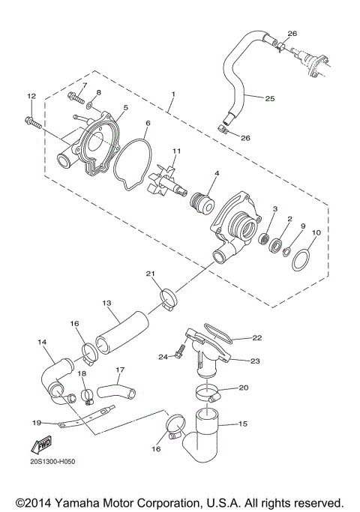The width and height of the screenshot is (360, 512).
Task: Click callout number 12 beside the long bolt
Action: pyautogui.click(x=31, y=96)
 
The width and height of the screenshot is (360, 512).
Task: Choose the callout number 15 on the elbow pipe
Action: pyautogui.click(x=243, y=424)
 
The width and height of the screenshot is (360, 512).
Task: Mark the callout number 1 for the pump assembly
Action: pyautogui.click(x=173, y=94)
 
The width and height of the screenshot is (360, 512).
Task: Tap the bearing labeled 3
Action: pyautogui.click(x=265, y=239)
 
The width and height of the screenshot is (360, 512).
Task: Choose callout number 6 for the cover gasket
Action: pyautogui.click(x=148, y=122)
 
